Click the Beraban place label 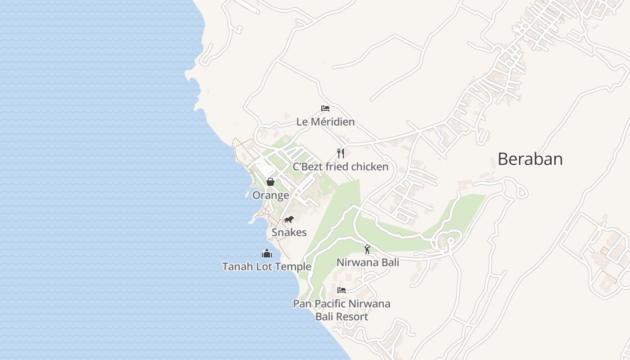[x=530, y=159]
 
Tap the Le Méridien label [x=325, y=122]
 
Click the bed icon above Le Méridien [x=325, y=108]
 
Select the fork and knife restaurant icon [x=341, y=153]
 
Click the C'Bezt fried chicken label [x=341, y=167]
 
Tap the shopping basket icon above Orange [x=270, y=182]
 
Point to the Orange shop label [x=270, y=195]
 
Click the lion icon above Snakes [x=289, y=220]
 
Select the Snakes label [x=289, y=233]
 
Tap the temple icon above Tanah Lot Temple [x=267, y=253]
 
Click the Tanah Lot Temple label [x=267, y=267]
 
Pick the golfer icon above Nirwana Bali [x=367, y=249]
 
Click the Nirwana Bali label [x=368, y=262]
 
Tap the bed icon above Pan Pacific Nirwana [x=342, y=290]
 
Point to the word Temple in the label [x=293, y=267]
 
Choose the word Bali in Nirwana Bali [x=389, y=262]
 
